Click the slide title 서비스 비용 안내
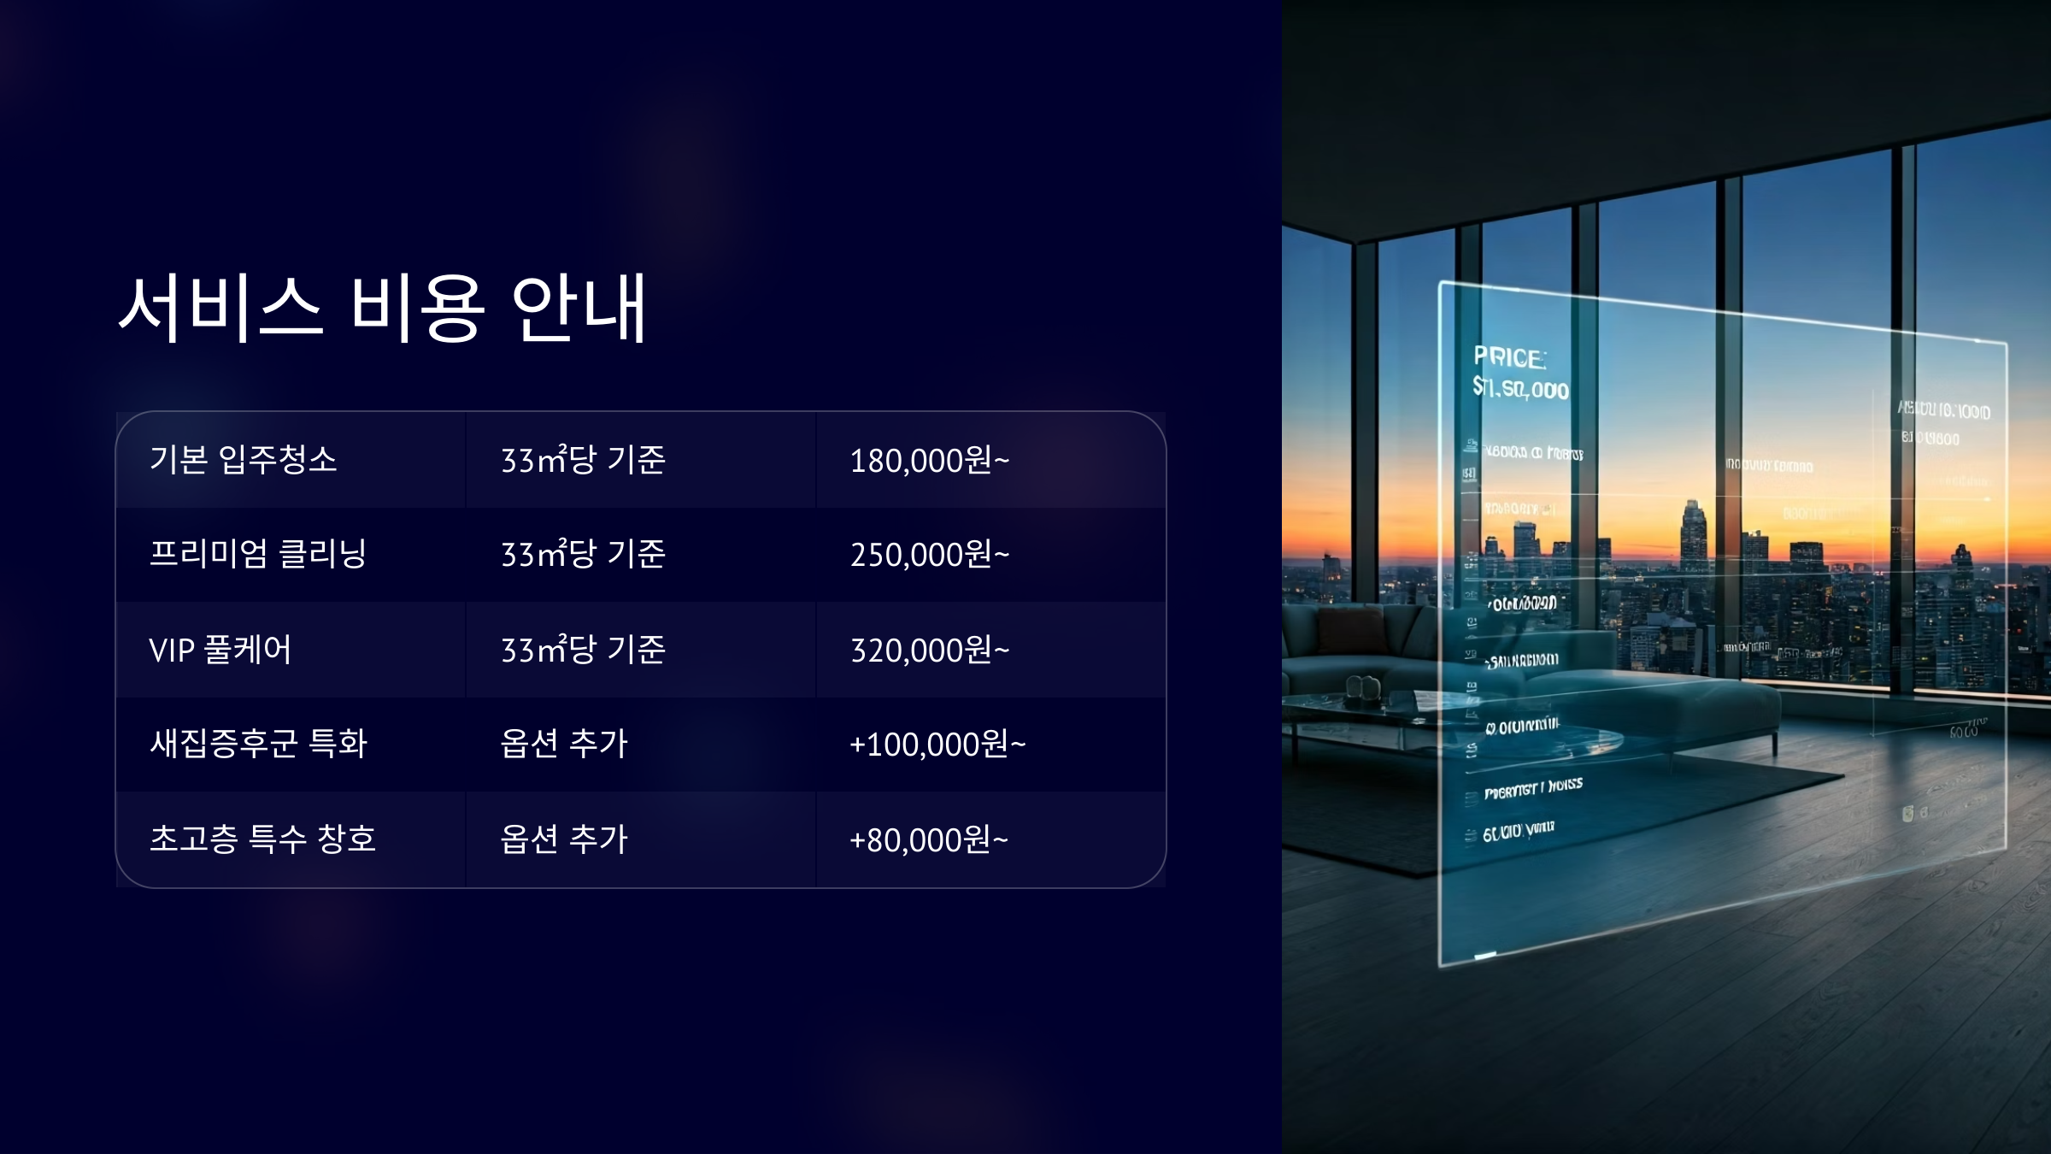pos(382,308)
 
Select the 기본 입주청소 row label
pos(244,460)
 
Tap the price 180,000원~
pos(929,461)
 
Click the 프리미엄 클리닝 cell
pos(258,554)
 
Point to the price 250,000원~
pos(929,555)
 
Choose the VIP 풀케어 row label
pos(220,650)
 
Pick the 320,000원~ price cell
pos(929,651)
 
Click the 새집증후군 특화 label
pos(258,744)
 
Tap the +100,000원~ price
pos(937,745)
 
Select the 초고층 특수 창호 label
pos(262,839)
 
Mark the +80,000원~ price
pos(928,840)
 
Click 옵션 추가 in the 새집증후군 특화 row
pos(564,744)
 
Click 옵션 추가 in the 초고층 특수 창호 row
pos(564,839)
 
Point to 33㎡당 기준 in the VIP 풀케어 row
pos(583,650)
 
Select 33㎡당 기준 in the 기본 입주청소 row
pos(583,460)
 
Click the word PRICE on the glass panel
pos(1509,357)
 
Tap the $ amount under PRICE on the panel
pos(1520,389)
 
